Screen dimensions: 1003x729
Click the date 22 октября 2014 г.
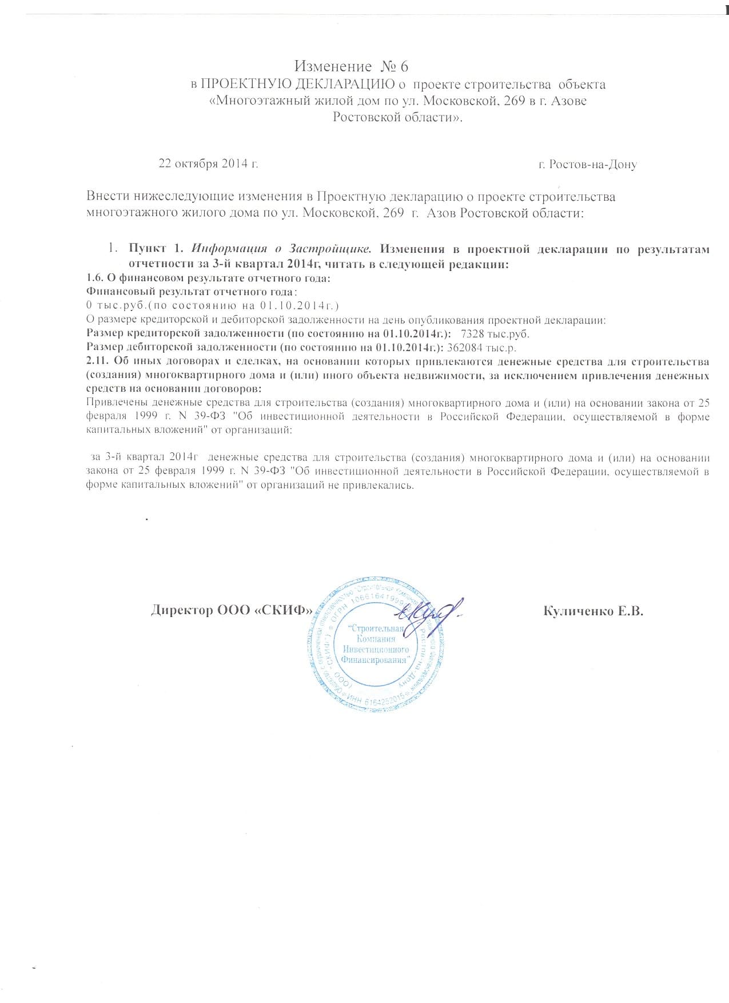point(208,164)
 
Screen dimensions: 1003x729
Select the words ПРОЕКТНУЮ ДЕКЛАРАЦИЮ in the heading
point(298,85)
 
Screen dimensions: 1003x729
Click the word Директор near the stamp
point(182,610)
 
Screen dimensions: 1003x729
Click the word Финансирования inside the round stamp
point(374,659)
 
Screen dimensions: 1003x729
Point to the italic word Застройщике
point(331,249)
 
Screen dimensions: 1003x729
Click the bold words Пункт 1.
point(155,249)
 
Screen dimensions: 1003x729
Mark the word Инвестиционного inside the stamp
point(376,649)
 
